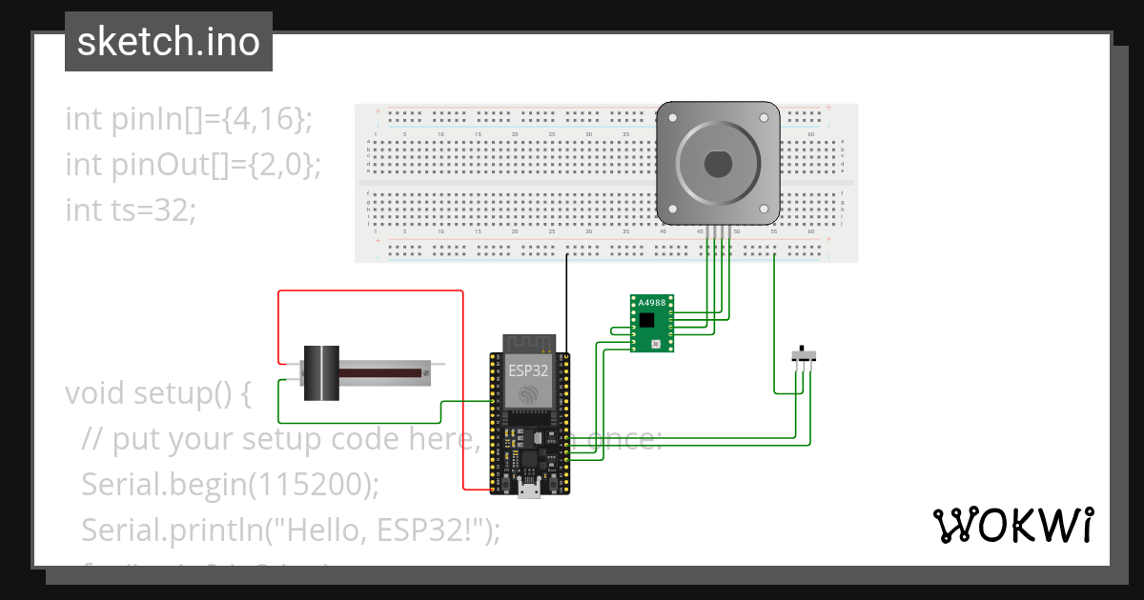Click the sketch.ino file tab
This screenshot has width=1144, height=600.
tap(169, 42)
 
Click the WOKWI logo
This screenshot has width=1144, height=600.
tap(1011, 525)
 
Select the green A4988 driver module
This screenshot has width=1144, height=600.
tap(652, 324)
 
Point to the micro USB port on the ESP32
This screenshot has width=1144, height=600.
tap(527, 490)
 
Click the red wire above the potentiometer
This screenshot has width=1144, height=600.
tap(372, 291)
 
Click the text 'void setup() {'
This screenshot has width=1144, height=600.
tap(157, 392)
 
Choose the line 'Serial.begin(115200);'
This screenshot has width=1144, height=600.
tap(231, 484)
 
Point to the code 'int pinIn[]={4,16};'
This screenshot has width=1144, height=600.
tap(189, 119)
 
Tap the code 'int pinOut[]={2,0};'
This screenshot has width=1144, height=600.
tap(193, 164)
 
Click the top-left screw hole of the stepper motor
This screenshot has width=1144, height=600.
tap(673, 118)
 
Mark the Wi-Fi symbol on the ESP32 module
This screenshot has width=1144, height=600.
tap(527, 394)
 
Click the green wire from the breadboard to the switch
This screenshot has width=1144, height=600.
tap(774, 324)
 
